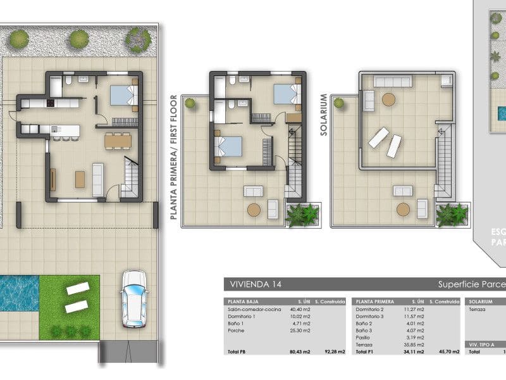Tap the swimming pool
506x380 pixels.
[18, 293]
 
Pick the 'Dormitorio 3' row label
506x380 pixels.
[369, 316]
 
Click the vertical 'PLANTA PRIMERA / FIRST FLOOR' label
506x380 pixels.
[173, 157]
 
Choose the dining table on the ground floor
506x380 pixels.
[118, 139]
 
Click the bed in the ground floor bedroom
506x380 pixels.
[123, 95]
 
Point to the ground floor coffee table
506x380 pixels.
[80, 179]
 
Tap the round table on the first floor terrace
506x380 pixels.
[254, 210]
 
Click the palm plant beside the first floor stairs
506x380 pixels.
[302, 215]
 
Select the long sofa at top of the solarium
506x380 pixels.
[393, 81]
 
